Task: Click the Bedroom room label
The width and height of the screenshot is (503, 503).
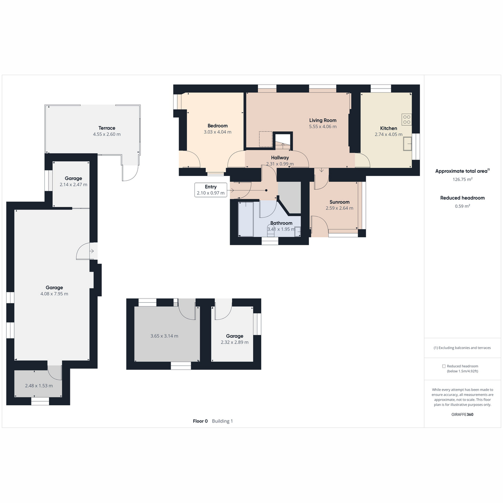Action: (x=218, y=126)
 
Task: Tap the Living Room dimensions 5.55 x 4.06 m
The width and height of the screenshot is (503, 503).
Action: (x=323, y=127)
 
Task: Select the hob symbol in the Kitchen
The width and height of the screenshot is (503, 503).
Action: (x=407, y=119)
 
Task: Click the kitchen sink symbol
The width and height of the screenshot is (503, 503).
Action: (x=407, y=144)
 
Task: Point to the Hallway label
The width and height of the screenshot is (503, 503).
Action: (x=280, y=158)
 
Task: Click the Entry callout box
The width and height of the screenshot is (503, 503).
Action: (x=211, y=190)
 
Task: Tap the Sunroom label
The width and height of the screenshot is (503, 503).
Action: (x=340, y=202)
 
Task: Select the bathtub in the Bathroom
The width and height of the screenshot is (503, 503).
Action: (x=246, y=219)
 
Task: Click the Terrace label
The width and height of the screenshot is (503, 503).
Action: (x=107, y=128)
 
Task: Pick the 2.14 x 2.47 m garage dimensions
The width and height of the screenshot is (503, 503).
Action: (x=73, y=184)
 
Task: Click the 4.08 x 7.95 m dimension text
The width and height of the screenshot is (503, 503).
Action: (x=54, y=294)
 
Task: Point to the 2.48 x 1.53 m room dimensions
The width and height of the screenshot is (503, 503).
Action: (x=39, y=386)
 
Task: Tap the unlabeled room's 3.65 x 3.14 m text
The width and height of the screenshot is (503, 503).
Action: (x=164, y=336)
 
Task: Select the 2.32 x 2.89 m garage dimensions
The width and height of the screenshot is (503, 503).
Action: (x=234, y=342)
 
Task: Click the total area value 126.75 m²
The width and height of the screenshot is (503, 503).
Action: (x=462, y=179)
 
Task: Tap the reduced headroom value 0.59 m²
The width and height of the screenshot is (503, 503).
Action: (x=462, y=206)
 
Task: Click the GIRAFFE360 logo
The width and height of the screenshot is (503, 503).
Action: (x=462, y=414)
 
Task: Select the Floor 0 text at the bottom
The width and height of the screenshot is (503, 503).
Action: (x=200, y=421)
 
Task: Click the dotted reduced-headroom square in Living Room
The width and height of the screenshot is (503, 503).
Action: (x=266, y=139)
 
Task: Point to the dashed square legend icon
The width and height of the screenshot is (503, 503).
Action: (x=444, y=366)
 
